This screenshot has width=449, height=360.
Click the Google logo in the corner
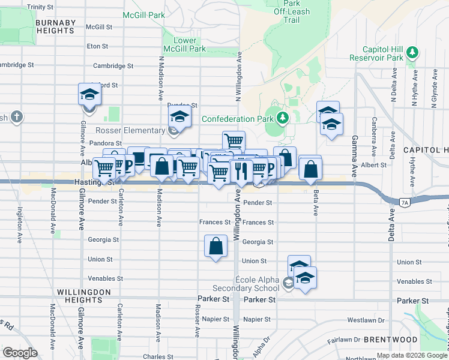[20, 353]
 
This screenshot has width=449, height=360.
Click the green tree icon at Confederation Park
[283, 118]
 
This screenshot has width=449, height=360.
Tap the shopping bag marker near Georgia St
[215, 245]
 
